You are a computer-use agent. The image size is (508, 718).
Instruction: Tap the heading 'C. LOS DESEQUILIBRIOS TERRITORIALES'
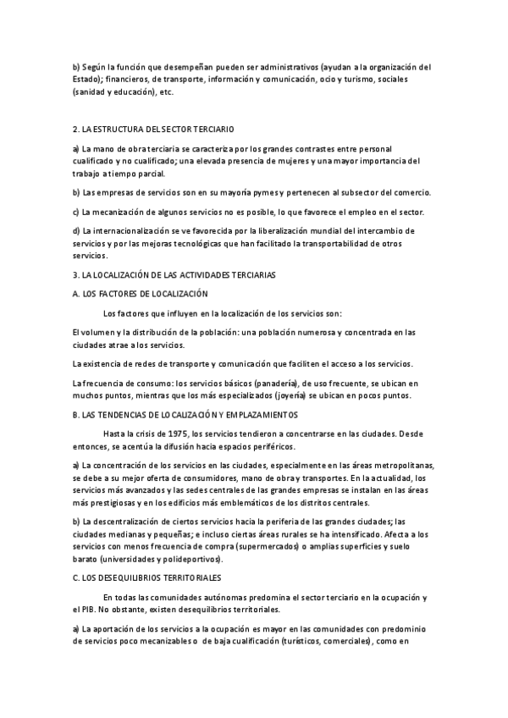click(x=147, y=577)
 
